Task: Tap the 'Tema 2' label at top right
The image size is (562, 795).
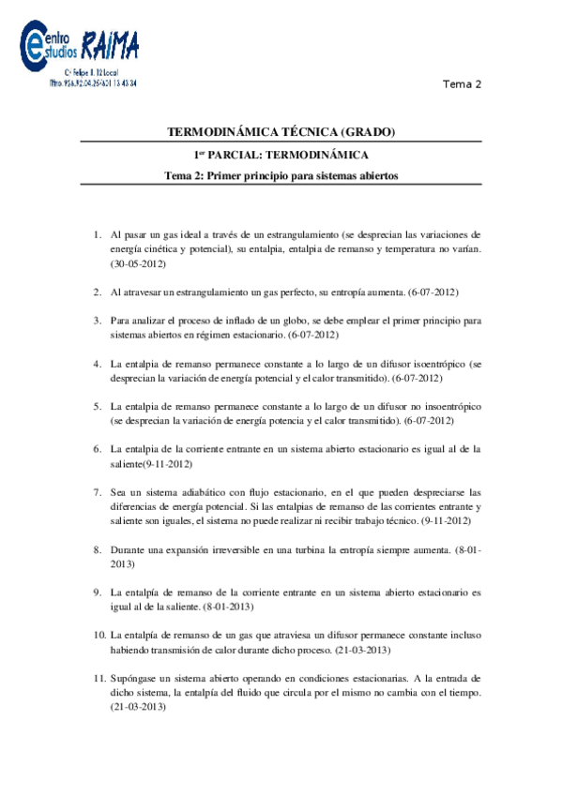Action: [x=463, y=84]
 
